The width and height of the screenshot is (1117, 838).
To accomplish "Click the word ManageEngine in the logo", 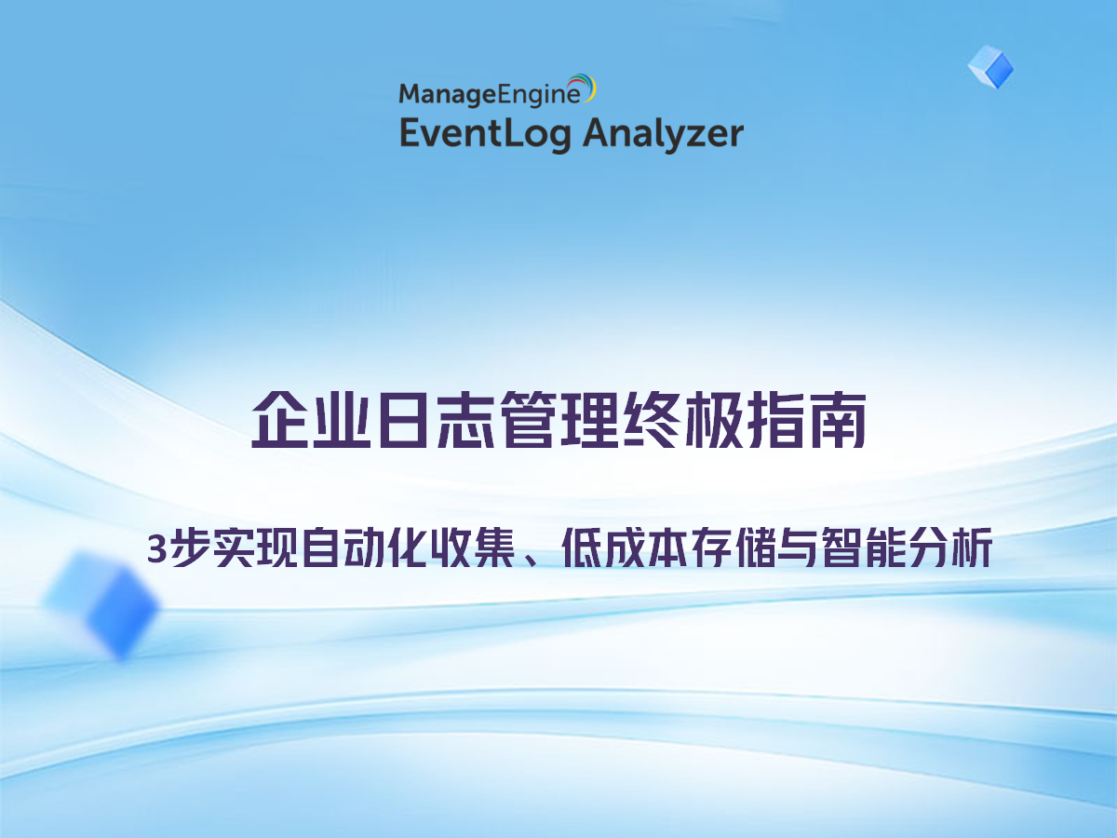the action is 490,94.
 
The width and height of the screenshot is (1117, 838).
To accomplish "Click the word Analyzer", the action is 663,134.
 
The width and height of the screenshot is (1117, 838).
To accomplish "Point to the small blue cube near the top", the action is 990,67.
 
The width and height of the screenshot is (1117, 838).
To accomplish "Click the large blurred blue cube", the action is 101,605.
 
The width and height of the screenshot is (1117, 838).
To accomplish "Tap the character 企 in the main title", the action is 280,420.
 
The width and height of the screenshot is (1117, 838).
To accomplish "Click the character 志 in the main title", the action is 465,420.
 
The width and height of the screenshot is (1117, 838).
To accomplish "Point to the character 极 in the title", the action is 714,420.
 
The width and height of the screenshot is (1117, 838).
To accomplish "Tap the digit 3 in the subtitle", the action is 156,549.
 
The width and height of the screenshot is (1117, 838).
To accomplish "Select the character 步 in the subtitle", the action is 190,547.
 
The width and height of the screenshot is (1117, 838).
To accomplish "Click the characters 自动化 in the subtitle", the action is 364,547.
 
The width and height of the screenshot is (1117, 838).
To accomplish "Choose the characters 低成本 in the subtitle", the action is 625,547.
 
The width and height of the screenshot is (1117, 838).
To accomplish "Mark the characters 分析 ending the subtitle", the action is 951,547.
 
